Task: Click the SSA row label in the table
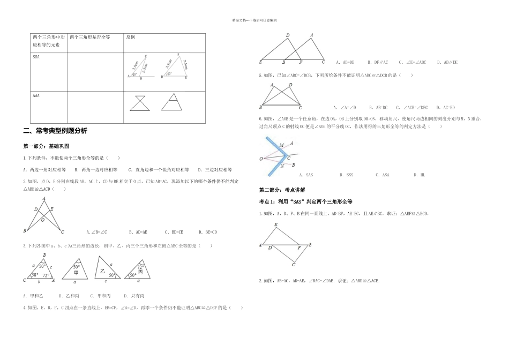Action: (x=36, y=56)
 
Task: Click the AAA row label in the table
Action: (x=36, y=95)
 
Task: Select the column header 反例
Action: (x=131, y=37)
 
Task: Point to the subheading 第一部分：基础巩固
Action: (x=46, y=146)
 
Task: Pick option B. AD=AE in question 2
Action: (x=138, y=232)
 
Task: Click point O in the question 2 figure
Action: (x=42, y=220)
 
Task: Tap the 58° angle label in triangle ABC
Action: (x=34, y=275)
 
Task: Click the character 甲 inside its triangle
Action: (x=76, y=273)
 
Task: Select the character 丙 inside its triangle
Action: (x=141, y=272)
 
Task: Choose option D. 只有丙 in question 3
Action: (x=133, y=296)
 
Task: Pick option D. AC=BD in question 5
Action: (x=445, y=107)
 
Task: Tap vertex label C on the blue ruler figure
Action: (x=288, y=157)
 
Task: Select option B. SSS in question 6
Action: (x=346, y=175)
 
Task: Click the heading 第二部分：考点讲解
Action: (x=282, y=190)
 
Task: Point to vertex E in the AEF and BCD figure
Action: (x=275, y=225)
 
